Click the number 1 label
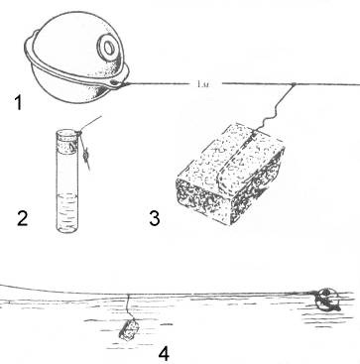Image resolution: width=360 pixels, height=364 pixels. click(18, 102)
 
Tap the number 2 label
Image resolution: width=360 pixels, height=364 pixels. click(23, 218)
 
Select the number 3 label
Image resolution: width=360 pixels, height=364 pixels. click(154, 218)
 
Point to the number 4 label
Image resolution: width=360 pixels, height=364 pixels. click(164, 353)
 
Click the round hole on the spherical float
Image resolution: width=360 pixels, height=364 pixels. click(108, 49)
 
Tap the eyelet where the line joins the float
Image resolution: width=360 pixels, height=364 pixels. click(117, 82)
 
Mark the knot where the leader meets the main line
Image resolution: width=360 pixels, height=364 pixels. click(293, 84)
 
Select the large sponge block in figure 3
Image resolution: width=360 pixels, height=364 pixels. click(231, 174)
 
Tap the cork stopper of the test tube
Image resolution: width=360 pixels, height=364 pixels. click(67, 142)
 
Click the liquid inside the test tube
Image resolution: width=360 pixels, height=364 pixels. click(66, 212)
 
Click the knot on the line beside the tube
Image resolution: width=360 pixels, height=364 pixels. click(86, 155)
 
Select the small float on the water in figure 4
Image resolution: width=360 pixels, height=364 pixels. click(325, 300)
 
